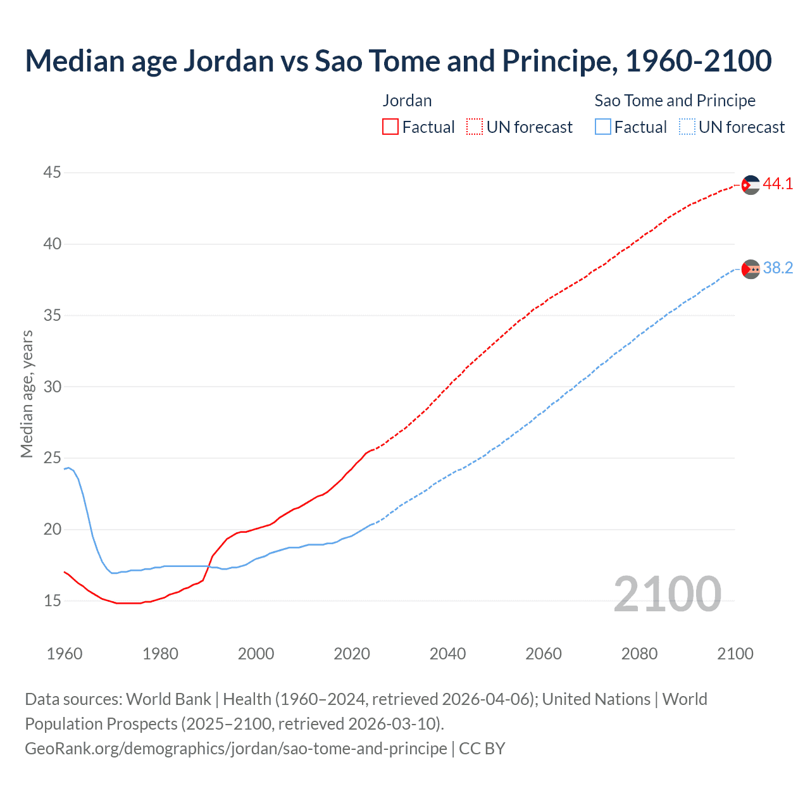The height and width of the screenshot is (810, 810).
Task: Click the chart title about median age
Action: coord(398,61)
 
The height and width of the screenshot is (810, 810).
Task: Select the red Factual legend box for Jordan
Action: coord(390,127)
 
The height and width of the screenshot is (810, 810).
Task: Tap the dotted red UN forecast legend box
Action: coord(475,127)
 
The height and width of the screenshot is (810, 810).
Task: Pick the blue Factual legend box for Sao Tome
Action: coord(603,127)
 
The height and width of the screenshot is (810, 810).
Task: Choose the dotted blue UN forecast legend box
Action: coord(687,127)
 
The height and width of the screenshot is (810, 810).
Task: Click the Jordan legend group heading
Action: coord(407,101)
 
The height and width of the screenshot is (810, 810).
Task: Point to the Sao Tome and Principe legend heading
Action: coord(675,101)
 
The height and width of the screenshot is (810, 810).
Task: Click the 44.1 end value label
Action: coord(778,184)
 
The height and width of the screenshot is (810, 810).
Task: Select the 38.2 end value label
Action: coord(778,268)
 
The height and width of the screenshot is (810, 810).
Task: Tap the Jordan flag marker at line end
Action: coord(751,185)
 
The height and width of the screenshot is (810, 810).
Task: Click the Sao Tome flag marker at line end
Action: coord(751,269)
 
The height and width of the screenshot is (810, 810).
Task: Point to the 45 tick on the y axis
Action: coord(53,172)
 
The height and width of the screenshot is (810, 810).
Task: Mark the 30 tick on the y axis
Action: coord(53,387)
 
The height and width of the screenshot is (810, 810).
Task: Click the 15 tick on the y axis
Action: coord(53,601)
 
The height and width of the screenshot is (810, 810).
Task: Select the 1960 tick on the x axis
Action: coord(65,654)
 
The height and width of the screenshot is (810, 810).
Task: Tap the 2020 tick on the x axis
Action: coord(352,654)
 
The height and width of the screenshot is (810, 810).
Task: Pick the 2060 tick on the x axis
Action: coord(544,654)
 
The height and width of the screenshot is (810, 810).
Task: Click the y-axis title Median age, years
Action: coord(27,394)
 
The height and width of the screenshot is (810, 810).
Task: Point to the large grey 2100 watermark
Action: coord(667,594)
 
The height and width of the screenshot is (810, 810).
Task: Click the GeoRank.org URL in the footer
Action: coord(236,749)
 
